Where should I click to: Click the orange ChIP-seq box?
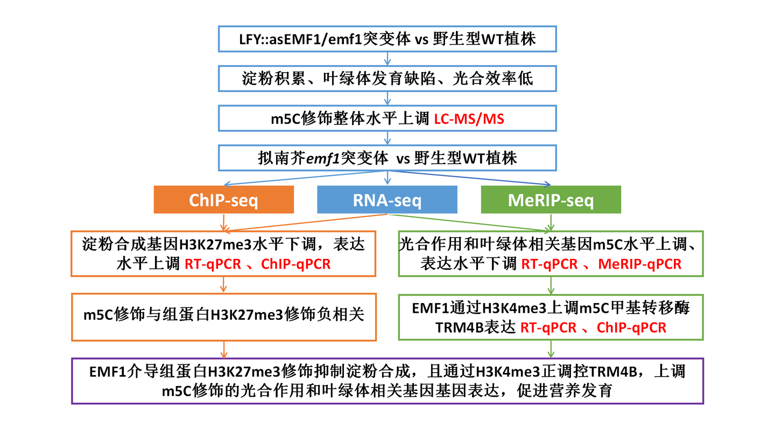pos(223,200)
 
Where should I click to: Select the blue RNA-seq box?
pos(387,200)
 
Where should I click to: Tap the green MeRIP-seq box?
pos(551,200)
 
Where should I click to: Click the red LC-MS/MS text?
pos(469,118)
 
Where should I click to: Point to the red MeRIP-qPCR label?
pos(639,264)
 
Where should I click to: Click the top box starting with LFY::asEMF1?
pos(387,39)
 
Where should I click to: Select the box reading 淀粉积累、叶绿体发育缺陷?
pos(387,79)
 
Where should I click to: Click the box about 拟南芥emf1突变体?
pos(387,158)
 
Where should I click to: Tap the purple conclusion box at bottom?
pos(387,381)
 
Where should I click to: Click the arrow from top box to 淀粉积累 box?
pos(387,59)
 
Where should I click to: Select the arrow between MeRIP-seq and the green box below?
pos(550,222)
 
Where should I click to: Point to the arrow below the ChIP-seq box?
pos(223,222)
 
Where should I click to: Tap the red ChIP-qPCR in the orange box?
pos(296,264)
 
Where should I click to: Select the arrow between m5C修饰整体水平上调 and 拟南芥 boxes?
pos(387,138)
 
